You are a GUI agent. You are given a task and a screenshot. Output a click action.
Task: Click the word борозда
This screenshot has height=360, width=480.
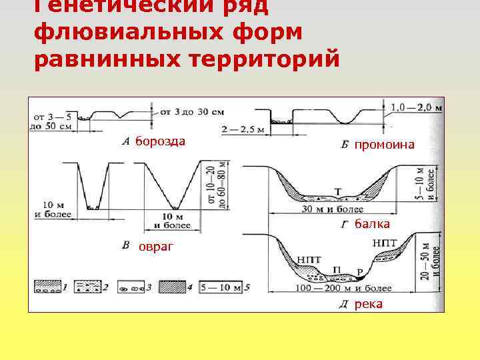pos(160,141)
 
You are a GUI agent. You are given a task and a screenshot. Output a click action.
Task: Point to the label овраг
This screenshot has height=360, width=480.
pos(156,247)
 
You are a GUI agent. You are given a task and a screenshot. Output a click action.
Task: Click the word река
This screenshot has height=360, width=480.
pos(369,305)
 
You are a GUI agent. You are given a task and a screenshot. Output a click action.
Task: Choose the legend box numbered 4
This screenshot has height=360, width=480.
pos(175,287)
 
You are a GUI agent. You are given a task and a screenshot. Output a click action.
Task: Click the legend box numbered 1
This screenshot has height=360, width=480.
pos(47,287)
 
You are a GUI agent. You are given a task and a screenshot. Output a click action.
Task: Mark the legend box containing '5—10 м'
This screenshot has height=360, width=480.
pos(222,287)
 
